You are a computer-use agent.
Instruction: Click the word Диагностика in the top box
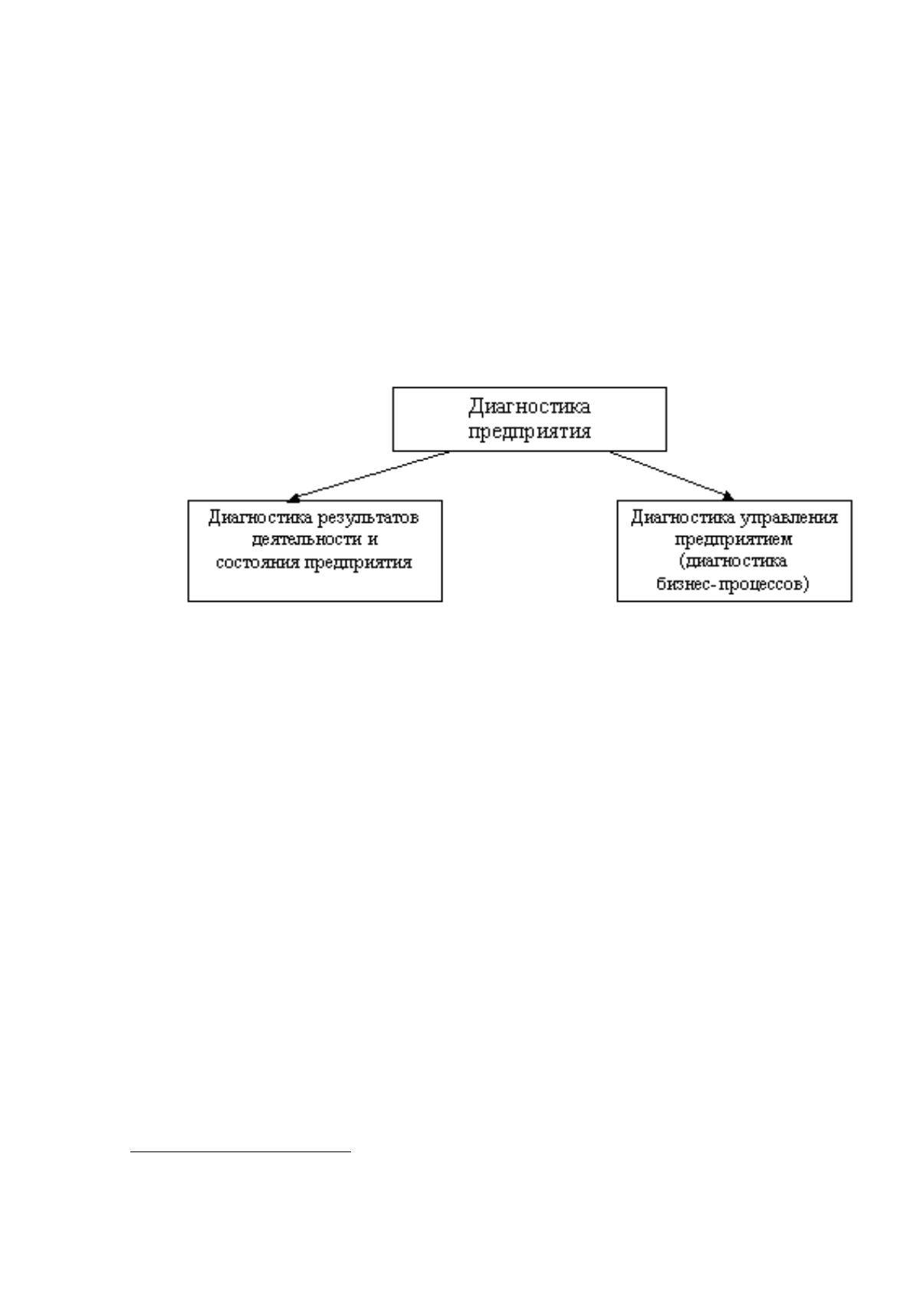(529, 407)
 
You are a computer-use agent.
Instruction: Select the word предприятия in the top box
(529, 432)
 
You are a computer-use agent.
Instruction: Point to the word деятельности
(304, 540)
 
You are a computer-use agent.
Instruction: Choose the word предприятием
(734, 540)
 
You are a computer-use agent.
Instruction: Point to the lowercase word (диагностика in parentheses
(733, 562)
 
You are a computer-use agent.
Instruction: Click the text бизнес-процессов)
(733, 585)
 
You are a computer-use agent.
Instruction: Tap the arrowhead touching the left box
(293, 498)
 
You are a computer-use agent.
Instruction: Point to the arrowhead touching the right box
(728, 496)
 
